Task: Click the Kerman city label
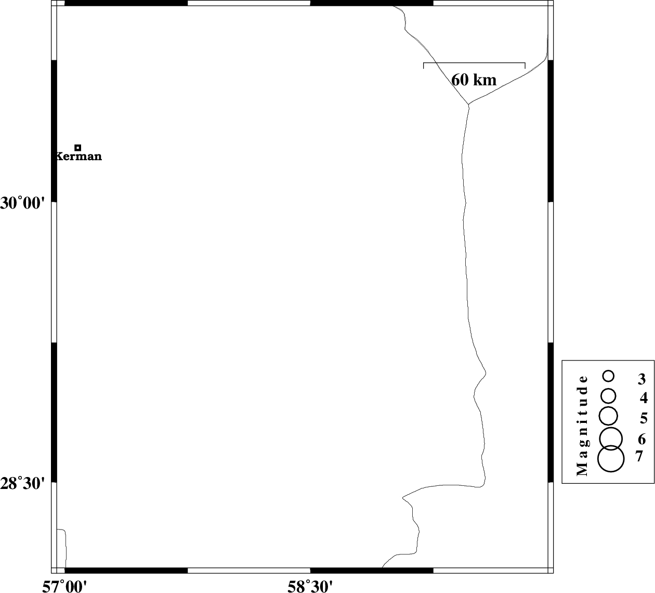78,156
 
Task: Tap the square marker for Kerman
77,148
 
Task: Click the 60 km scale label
474,80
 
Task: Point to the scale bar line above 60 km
474,62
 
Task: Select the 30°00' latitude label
22,203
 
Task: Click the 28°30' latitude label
22,483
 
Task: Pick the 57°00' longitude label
64,586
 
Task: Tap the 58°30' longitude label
310,586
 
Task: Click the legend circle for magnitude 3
609,376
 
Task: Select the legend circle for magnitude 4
609,396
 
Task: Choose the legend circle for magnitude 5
609,416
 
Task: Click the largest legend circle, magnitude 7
611,458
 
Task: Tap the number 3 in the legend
642,379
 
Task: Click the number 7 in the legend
639,456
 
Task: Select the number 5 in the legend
644,418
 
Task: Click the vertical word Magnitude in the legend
583,426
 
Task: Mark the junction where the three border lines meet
468,105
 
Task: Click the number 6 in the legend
642,440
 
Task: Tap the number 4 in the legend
644,398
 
